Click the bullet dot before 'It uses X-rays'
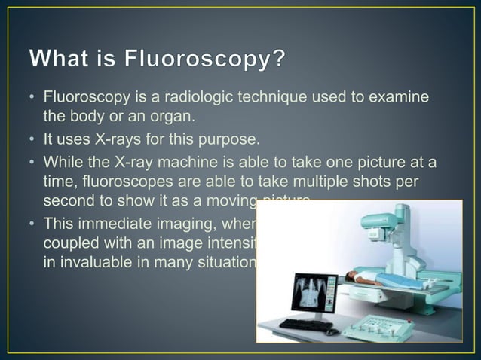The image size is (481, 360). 33,141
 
